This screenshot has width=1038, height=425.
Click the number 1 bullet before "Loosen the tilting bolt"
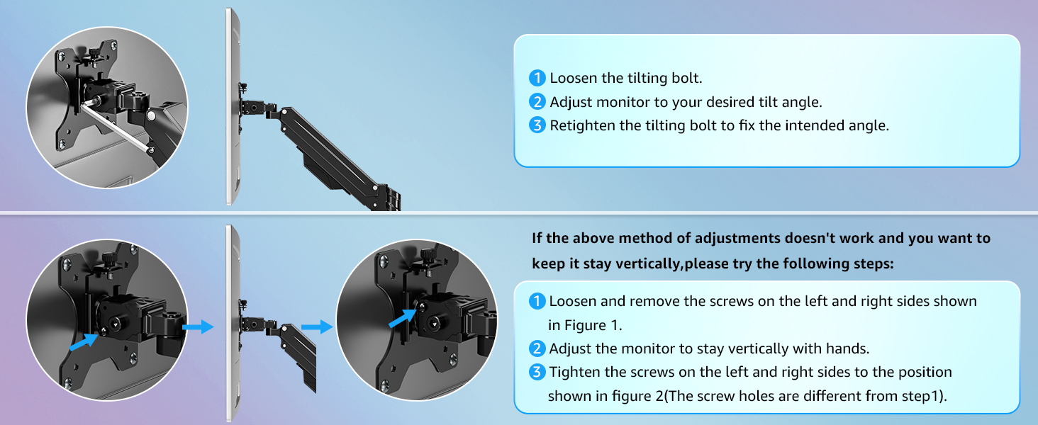click(537, 78)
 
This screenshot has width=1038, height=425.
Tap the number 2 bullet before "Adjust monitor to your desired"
click(537, 102)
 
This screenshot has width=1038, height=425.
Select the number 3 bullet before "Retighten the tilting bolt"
click(537, 126)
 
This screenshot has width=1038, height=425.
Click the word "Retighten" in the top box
click(582, 126)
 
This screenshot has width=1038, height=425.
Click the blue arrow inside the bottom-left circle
click(83, 342)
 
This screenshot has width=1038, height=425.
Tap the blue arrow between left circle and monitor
click(198, 327)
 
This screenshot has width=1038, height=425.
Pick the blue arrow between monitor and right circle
click(317, 327)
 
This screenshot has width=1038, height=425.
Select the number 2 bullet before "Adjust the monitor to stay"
click(537, 348)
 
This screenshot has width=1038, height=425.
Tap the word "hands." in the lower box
click(847, 348)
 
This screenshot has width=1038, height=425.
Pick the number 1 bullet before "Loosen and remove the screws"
click(537, 301)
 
